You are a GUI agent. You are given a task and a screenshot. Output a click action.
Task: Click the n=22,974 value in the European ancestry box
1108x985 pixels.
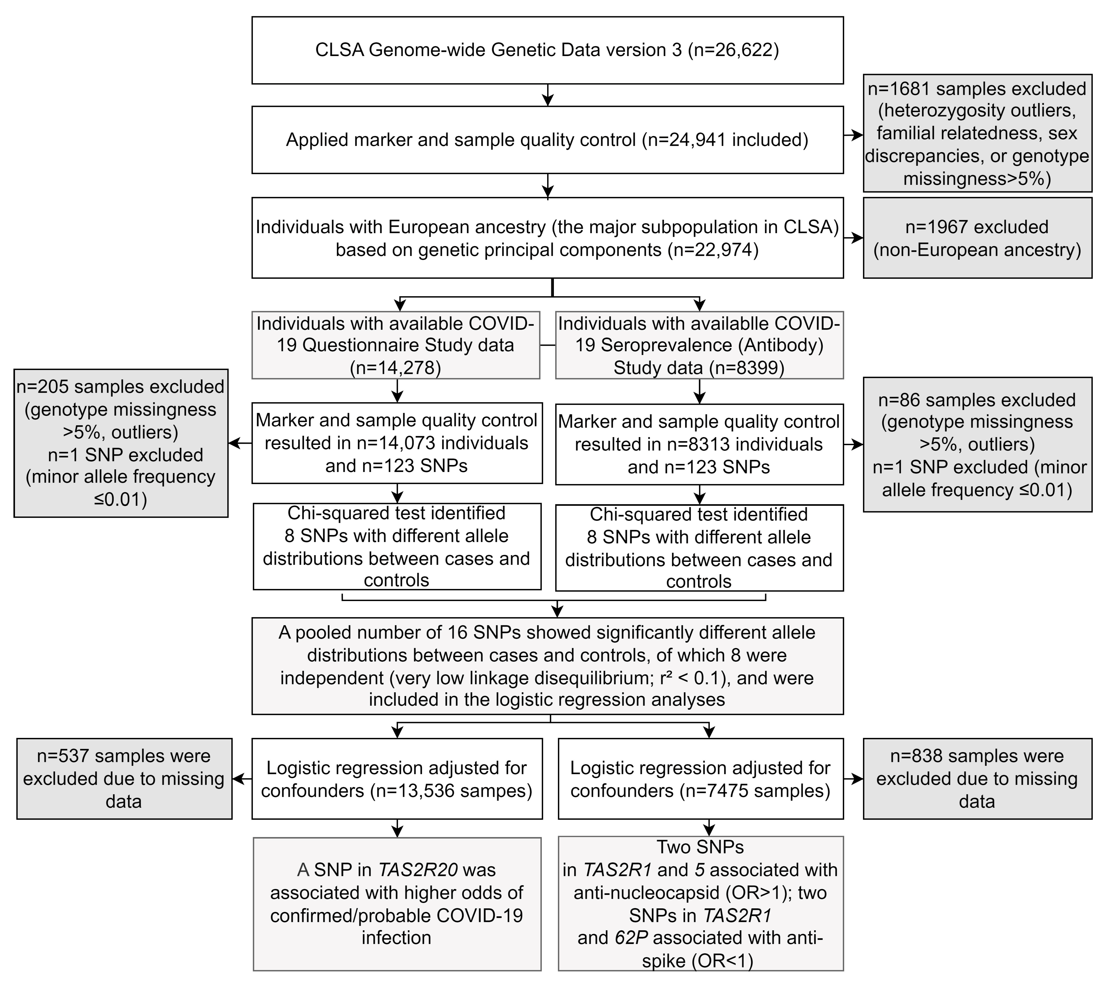[713, 250]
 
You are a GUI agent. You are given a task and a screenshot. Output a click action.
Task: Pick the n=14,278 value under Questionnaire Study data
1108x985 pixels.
[396, 368]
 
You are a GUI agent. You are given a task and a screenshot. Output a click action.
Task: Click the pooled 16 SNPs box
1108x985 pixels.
[547, 666]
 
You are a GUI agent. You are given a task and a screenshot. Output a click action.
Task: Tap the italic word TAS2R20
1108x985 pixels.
[418, 870]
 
